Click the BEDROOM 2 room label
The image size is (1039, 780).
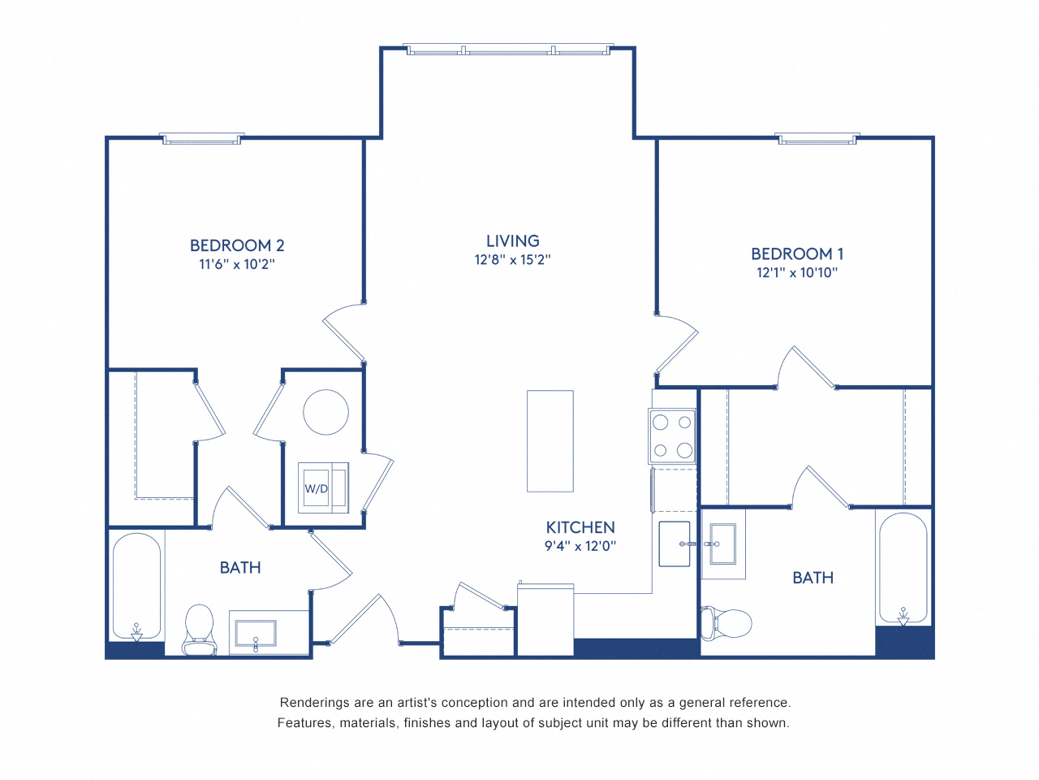point(237,245)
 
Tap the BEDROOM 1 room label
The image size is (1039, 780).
point(797,254)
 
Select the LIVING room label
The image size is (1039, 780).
point(512,241)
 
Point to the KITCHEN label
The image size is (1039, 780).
point(580,527)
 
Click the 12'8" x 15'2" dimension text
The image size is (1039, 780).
point(512,260)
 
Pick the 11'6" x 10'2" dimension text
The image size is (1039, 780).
point(237,264)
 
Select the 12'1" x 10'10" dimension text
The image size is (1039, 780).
point(797,273)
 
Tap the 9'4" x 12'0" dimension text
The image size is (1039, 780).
point(580,546)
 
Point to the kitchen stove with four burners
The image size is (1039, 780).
point(672,435)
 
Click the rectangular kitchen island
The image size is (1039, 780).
point(550,441)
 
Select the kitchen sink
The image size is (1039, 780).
point(674,544)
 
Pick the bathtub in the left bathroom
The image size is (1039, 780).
point(136,586)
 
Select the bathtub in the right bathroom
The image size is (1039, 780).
point(903,569)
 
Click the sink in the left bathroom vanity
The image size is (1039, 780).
point(255,633)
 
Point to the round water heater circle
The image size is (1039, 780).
point(325,412)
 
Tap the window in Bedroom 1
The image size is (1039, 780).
point(817,139)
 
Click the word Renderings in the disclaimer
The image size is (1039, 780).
point(315,703)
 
